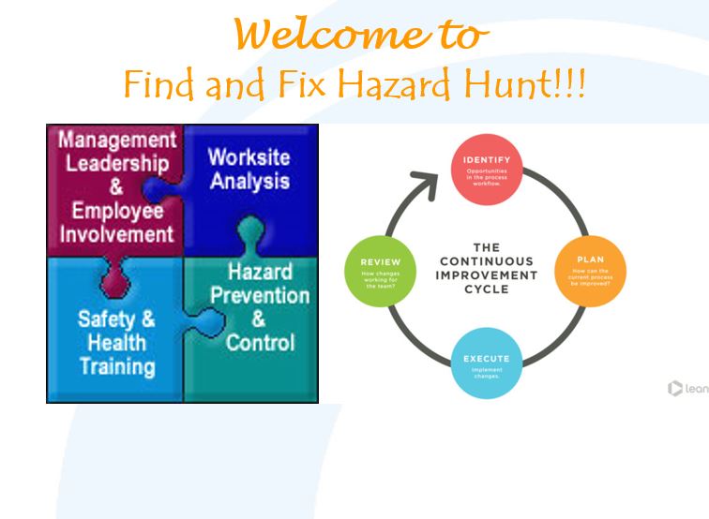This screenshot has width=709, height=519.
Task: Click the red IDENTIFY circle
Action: tap(486, 169)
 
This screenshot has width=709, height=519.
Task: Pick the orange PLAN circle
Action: tap(590, 269)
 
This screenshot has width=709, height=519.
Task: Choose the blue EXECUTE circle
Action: tap(486, 367)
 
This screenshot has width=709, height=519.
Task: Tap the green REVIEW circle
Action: tap(381, 270)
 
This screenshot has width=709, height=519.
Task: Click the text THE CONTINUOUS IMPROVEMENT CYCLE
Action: tap(486, 269)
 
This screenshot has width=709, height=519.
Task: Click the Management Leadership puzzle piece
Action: tap(114, 187)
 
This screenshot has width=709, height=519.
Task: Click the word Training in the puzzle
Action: tap(116, 365)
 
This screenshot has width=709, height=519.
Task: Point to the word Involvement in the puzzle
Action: tap(117, 233)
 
